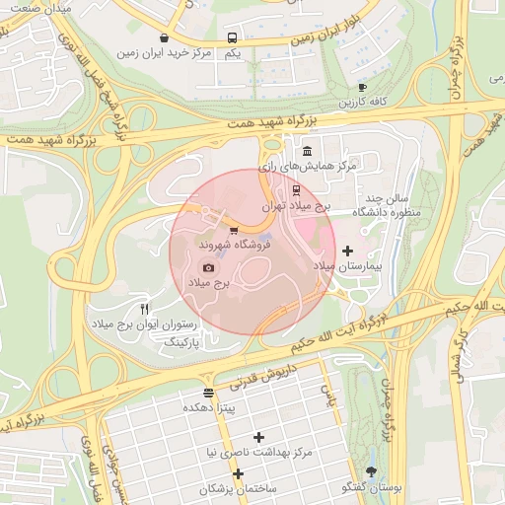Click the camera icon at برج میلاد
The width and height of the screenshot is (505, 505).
(208, 267)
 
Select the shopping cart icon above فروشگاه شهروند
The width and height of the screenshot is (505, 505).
(233, 230)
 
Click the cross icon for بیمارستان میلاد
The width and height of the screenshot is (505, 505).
(347, 252)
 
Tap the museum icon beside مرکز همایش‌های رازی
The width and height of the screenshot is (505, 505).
(308, 152)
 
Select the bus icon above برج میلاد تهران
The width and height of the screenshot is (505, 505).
(298, 191)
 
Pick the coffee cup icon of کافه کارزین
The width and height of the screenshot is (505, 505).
(362, 87)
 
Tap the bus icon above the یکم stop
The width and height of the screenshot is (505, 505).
(232, 37)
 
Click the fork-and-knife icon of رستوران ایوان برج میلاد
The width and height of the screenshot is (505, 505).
(145, 309)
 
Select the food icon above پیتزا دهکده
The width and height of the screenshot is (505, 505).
(207, 393)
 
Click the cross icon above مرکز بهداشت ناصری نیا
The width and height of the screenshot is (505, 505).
(259, 437)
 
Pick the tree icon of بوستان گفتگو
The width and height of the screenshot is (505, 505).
(371, 472)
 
